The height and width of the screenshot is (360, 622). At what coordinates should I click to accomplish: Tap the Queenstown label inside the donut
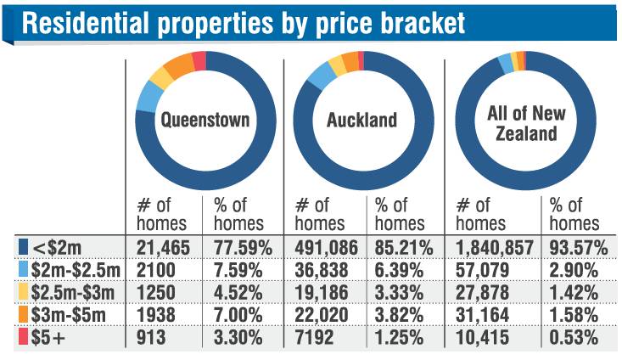click(x=205, y=120)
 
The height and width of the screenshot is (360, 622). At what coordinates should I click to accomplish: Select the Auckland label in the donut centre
click(x=361, y=120)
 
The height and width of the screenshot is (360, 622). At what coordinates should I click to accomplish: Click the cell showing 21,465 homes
click(x=166, y=249)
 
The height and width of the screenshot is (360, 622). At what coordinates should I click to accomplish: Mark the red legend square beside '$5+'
click(x=25, y=335)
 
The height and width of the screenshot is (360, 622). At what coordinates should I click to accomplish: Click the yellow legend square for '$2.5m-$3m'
click(x=25, y=291)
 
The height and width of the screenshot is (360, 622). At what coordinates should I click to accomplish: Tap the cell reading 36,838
click(x=322, y=270)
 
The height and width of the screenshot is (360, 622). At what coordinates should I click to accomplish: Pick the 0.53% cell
click(x=573, y=335)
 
